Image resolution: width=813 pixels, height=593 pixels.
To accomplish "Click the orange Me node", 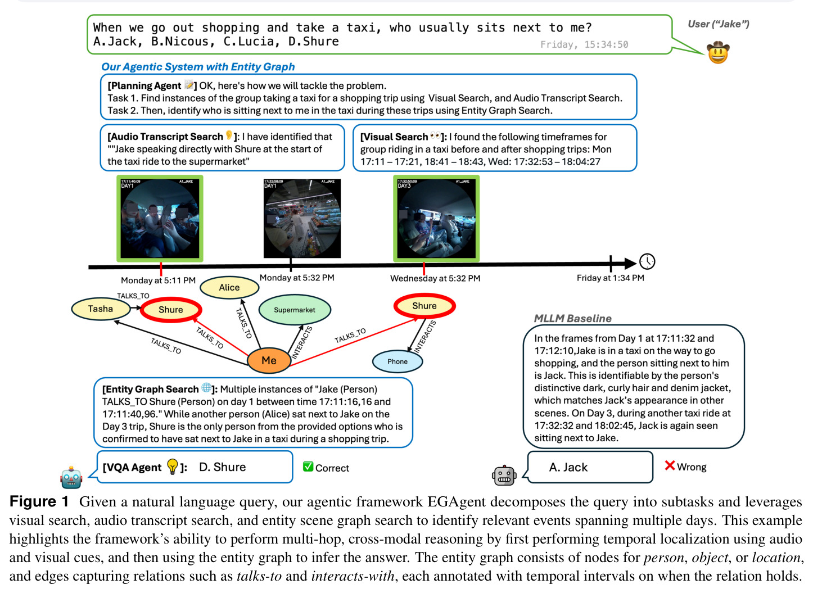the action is [269, 360].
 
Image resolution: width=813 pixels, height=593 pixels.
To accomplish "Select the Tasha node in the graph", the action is [101, 309].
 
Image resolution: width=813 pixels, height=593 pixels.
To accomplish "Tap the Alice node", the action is [229, 287].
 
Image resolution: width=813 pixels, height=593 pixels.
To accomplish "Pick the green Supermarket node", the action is [295, 310].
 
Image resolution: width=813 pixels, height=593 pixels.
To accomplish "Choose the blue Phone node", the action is [398, 361].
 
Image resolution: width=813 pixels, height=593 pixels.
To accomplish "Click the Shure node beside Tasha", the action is [171, 310].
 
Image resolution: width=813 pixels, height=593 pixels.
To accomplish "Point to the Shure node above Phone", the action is [424, 306].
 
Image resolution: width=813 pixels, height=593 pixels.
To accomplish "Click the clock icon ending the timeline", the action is [647, 261].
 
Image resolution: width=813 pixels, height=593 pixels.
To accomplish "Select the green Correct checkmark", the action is [308, 466].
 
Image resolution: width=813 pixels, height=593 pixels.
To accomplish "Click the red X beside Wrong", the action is [670, 465].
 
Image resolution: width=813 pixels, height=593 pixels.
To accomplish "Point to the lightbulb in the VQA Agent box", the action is [173, 467].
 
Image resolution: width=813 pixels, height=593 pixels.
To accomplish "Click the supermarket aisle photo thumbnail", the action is [302, 218].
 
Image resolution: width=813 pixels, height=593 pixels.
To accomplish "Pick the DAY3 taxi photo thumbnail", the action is [436, 219].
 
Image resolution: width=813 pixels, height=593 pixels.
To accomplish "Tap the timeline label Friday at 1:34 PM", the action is [611, 278].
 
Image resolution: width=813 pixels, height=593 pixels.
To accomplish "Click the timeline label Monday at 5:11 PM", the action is [158, 280].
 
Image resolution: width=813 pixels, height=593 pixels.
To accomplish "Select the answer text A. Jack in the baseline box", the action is [568, 467].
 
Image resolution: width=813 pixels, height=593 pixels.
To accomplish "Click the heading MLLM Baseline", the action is [573, 318].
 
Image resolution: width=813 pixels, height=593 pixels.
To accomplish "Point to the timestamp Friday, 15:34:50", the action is [584, 44].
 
